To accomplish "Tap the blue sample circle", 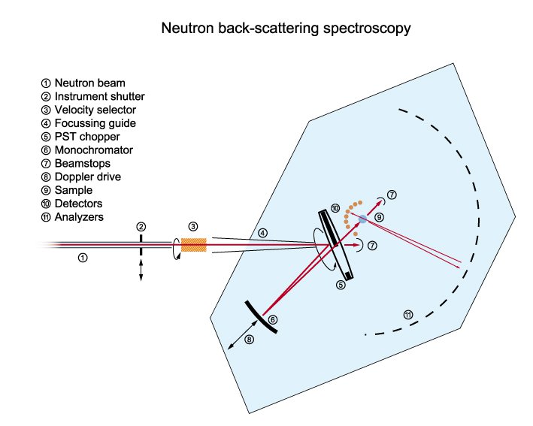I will tap(362, 219).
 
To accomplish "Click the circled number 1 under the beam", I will tap(83, 257).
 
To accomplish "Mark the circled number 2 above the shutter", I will tap(141, 226).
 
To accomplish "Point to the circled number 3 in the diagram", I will tap(192, 226).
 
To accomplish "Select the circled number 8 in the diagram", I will tap(250, 340).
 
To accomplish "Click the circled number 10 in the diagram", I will tap(335, 208).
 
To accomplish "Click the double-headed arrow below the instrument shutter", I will tap(141, 270).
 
